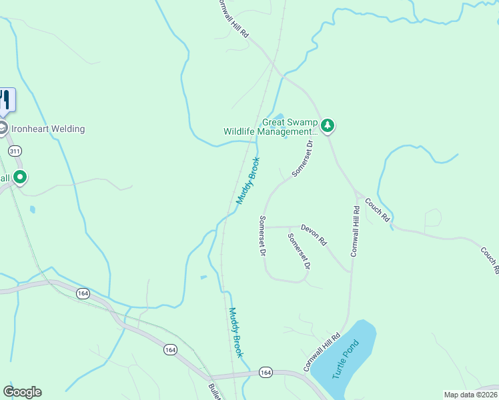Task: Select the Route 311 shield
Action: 15,151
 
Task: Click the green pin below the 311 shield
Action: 20,177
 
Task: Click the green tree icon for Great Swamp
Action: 327,125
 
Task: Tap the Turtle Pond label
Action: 346,359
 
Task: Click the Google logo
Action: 22,392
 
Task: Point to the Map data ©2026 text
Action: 470,395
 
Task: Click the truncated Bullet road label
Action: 214,391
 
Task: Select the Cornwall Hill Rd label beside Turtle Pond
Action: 318,353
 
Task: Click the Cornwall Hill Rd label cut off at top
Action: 233,18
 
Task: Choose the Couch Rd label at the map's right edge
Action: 489,261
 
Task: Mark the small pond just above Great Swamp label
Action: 277,116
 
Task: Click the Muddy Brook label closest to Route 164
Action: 236,332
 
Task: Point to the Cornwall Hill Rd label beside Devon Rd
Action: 355,231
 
